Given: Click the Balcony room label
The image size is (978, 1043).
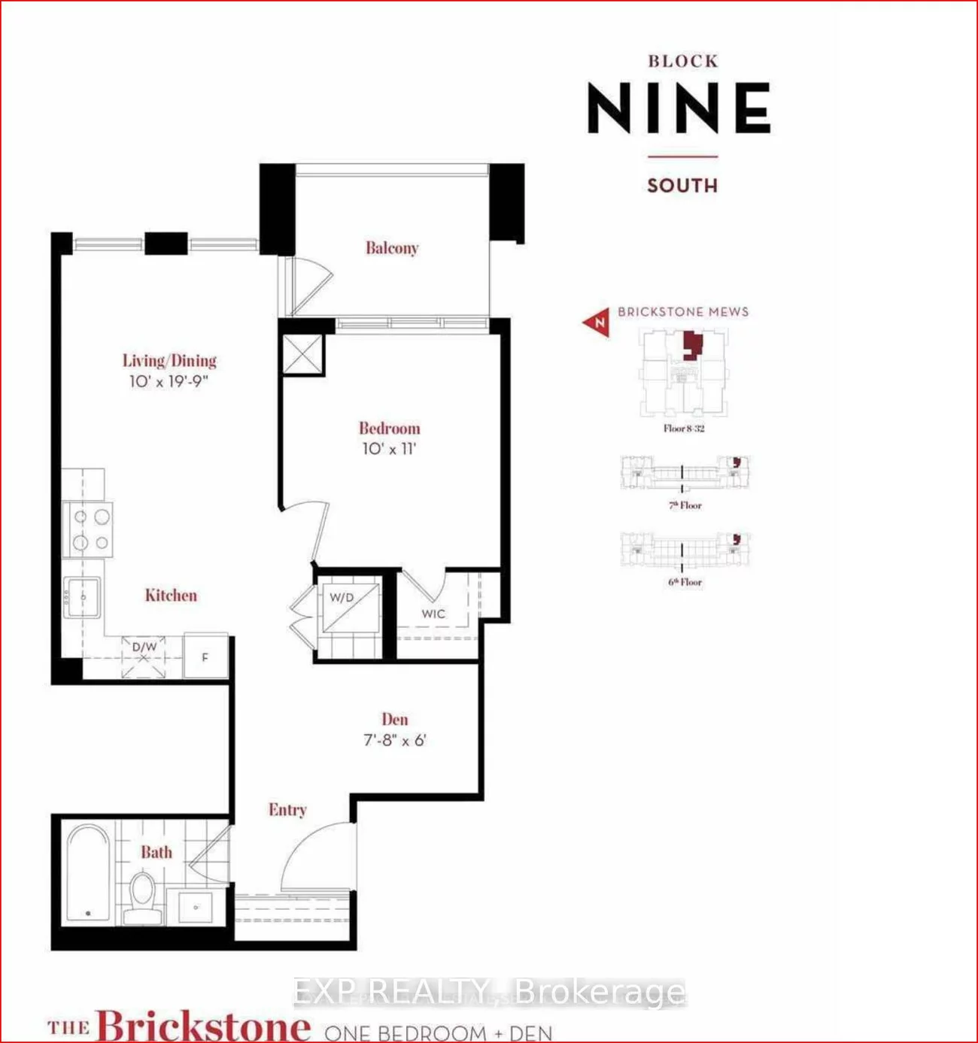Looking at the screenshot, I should click(x=391, y=248).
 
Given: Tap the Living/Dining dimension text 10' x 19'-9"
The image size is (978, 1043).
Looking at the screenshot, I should click(x=169, y=381).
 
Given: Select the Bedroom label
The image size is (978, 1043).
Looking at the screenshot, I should click(x=389, y=429).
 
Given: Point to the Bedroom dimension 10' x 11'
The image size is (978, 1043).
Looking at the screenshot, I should click(x=389, y=449).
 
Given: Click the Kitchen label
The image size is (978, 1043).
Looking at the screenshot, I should click(x=171, y=596).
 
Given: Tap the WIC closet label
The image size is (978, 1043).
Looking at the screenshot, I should click(x=433, y=614).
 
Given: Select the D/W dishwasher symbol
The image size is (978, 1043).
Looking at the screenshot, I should click(x=144, y=656).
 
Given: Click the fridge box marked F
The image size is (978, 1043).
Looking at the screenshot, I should click(x=205, y=657).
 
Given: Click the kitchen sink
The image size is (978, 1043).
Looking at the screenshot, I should click(x=82, y=597).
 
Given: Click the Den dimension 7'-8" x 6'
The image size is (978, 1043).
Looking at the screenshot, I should click(x=394, y=741).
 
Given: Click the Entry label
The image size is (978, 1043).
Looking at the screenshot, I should click(x=287, y=810).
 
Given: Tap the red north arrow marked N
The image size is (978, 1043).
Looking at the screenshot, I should click(x=597, y=323).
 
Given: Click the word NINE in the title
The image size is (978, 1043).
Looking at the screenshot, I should click(x=679, y=108).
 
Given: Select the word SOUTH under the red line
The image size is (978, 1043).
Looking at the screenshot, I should click(x=682, y=186).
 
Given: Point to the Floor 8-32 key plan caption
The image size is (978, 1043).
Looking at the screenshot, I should click(x=684, y=429).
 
